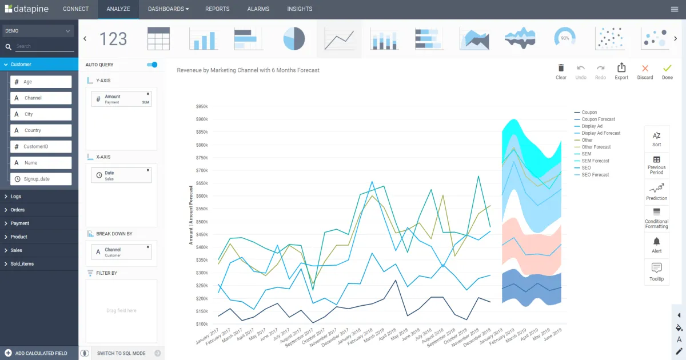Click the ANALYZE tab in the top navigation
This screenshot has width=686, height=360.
118,9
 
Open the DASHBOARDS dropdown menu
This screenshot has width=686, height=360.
168,9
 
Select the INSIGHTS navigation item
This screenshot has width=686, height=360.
300,9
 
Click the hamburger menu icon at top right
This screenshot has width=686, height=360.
675,9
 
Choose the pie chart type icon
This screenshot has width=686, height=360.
294,39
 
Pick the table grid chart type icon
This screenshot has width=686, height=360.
159,39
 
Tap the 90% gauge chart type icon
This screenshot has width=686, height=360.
564,38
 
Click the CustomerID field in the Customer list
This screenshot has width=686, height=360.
41,147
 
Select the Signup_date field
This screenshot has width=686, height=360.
41,179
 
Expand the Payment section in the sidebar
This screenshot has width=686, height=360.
20,223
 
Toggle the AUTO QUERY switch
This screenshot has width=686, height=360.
152,65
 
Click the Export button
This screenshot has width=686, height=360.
621,71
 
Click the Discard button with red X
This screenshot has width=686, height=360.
645,71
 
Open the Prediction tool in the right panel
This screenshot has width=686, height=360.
656,191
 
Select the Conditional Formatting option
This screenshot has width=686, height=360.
656,218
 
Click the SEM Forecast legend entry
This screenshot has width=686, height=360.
595,161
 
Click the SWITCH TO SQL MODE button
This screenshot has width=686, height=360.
121,353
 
